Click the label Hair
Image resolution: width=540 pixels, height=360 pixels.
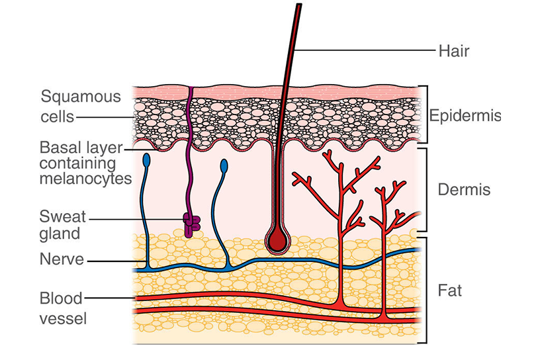coord(453,50)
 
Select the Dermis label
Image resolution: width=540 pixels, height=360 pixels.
coord(464,190)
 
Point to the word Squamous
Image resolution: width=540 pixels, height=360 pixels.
coord(81,97)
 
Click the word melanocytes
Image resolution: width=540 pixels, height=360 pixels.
coord(85,179)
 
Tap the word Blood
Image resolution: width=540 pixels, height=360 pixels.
coord(60,297)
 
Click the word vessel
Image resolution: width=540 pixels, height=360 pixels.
coord(63,318)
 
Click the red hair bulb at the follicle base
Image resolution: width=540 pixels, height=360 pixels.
coord(277,240)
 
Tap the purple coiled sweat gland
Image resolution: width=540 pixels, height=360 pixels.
coord(191,224)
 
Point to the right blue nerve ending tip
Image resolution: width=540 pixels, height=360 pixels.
coord(224,164)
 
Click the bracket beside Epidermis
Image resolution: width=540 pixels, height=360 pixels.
coord(425,114)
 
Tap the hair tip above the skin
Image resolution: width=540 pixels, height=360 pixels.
coord(300,7)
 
